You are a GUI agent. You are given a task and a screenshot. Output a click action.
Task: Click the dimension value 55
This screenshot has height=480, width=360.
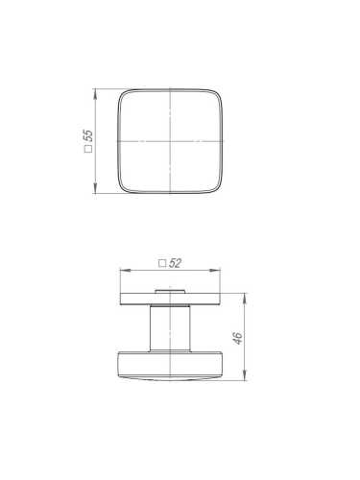(88, 135)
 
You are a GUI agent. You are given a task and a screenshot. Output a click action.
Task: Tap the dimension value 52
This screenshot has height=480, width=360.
(175, 263)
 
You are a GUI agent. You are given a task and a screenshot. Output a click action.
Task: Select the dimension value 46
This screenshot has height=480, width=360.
(238, 338)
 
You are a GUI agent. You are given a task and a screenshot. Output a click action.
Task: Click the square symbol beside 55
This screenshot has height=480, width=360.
(88, 149)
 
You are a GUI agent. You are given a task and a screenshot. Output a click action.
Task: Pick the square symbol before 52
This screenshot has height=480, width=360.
(162, 264)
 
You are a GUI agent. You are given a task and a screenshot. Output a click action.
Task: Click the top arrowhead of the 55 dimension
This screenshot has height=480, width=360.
(95, 93)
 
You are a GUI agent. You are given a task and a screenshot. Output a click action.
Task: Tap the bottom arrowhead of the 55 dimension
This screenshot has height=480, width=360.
(95, 188)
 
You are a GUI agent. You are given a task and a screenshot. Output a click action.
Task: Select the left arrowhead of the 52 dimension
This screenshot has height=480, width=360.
(125, 271)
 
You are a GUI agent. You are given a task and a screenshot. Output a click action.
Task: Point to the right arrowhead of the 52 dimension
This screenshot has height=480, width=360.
(215, 271)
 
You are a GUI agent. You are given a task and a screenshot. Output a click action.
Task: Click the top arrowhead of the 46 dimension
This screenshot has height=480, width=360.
(245, 298)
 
